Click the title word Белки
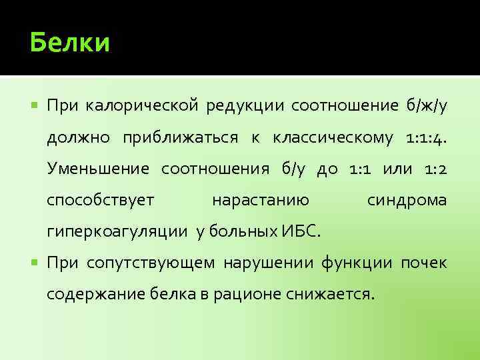(x=70, y=43)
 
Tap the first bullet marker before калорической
(x=35, y=105)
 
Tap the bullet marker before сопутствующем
(x=35, y=263)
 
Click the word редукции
(x=245, y=105)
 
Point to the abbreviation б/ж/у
(x=425, y=105)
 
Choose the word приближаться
(x=180, y=137)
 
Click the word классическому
(x=334, y=137)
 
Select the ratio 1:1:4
(x=426, y=137)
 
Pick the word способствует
(x=101, y=200)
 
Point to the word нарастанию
(x=259, y=200)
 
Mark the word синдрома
(x=407, y=200)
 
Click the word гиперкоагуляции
(x=118, y=232)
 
